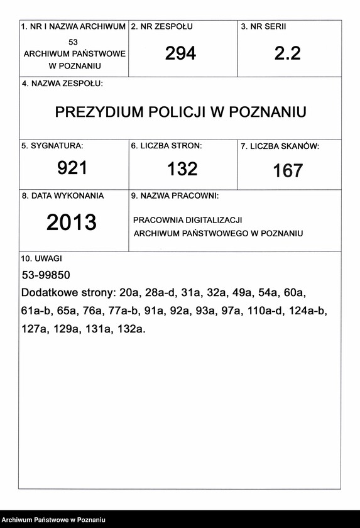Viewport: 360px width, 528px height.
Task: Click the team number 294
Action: click(x=180, y=54)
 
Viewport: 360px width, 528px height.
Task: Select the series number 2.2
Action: click(x=288, y=54)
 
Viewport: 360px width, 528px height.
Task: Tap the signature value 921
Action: click(x=72, y=168)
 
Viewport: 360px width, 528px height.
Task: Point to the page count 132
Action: click(x=182, y=168)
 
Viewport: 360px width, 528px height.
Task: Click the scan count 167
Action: click(x=288, y=170)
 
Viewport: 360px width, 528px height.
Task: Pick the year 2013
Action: click(x=72, y=223)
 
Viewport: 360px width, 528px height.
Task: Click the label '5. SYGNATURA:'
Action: click(x=52, y=146)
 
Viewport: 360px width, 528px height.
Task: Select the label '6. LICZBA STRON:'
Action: click(x=166, y=146)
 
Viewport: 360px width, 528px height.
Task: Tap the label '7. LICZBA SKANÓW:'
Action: click(x=280, y=146)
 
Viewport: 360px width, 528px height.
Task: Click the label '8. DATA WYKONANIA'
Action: click(x=63, y=195)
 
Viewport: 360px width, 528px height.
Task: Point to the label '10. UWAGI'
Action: click(x=41, y=258)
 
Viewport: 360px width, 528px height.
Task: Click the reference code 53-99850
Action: click(x=46, y=275)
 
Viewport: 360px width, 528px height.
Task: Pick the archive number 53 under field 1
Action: click(x=74, y=41)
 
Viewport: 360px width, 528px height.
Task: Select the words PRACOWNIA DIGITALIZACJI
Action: click(x=187, y=221)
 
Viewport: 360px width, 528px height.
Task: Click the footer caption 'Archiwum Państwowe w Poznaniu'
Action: click(x=53, y=520)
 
